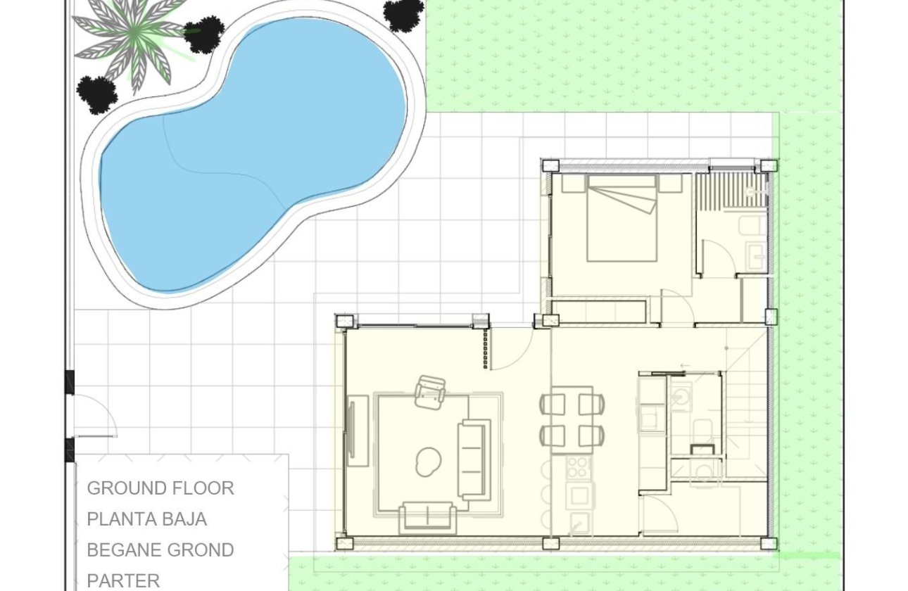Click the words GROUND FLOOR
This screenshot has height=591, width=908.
(160, 488)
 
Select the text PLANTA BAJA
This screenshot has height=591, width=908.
(147, 519)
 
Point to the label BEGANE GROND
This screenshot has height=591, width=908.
(160, 550)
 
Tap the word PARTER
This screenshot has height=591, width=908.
(123, 580)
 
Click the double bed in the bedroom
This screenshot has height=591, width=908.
(622, 218)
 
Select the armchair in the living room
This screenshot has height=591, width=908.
(430, 392)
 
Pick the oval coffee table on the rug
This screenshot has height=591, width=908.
(428, 462)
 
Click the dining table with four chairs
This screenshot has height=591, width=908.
(572, 419)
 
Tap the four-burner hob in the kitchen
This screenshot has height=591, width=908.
(579, 467)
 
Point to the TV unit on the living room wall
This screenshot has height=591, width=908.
(358, 431)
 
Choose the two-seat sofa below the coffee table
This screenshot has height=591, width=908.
(427, 517)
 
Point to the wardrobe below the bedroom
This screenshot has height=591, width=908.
(599, 311)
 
